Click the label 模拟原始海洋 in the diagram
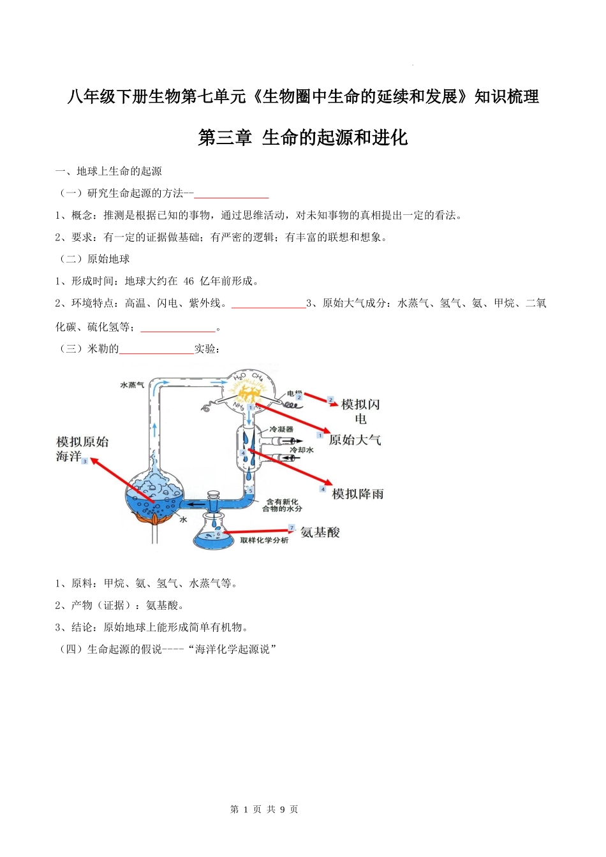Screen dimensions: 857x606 pos(82,449)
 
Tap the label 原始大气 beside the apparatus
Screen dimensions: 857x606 pos(355,440)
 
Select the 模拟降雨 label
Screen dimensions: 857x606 pos(358,494)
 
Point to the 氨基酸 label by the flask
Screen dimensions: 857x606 pos(320,532)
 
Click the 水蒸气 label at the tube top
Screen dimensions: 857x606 pos(132,385)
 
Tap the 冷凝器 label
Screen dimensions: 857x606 pos(281,429)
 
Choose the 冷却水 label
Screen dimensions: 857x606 pos(302,450)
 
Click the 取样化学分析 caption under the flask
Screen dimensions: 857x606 pos(264,541)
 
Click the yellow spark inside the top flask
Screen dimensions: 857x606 pos(249,393)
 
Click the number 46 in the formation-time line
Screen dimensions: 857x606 pos(189,281)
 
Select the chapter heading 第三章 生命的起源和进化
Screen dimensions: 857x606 pos(302,138)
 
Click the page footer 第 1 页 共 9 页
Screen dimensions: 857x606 pos(264,809)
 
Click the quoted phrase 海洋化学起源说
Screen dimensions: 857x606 pos(233,650)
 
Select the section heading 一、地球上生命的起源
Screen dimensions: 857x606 pos(108,172)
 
